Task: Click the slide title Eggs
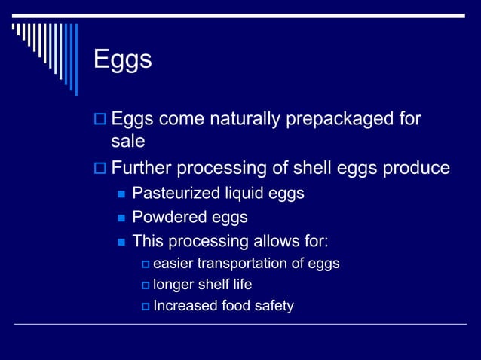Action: [122, 59]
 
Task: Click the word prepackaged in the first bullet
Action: [334, 119]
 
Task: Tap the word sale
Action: [127, 142]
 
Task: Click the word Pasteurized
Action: [178, 194]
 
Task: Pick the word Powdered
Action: [168, 218]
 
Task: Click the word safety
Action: [272, 306]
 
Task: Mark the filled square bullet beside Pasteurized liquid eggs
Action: [121, 194]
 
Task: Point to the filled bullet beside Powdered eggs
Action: [121, 218]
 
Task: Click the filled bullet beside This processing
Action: [121, 243]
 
